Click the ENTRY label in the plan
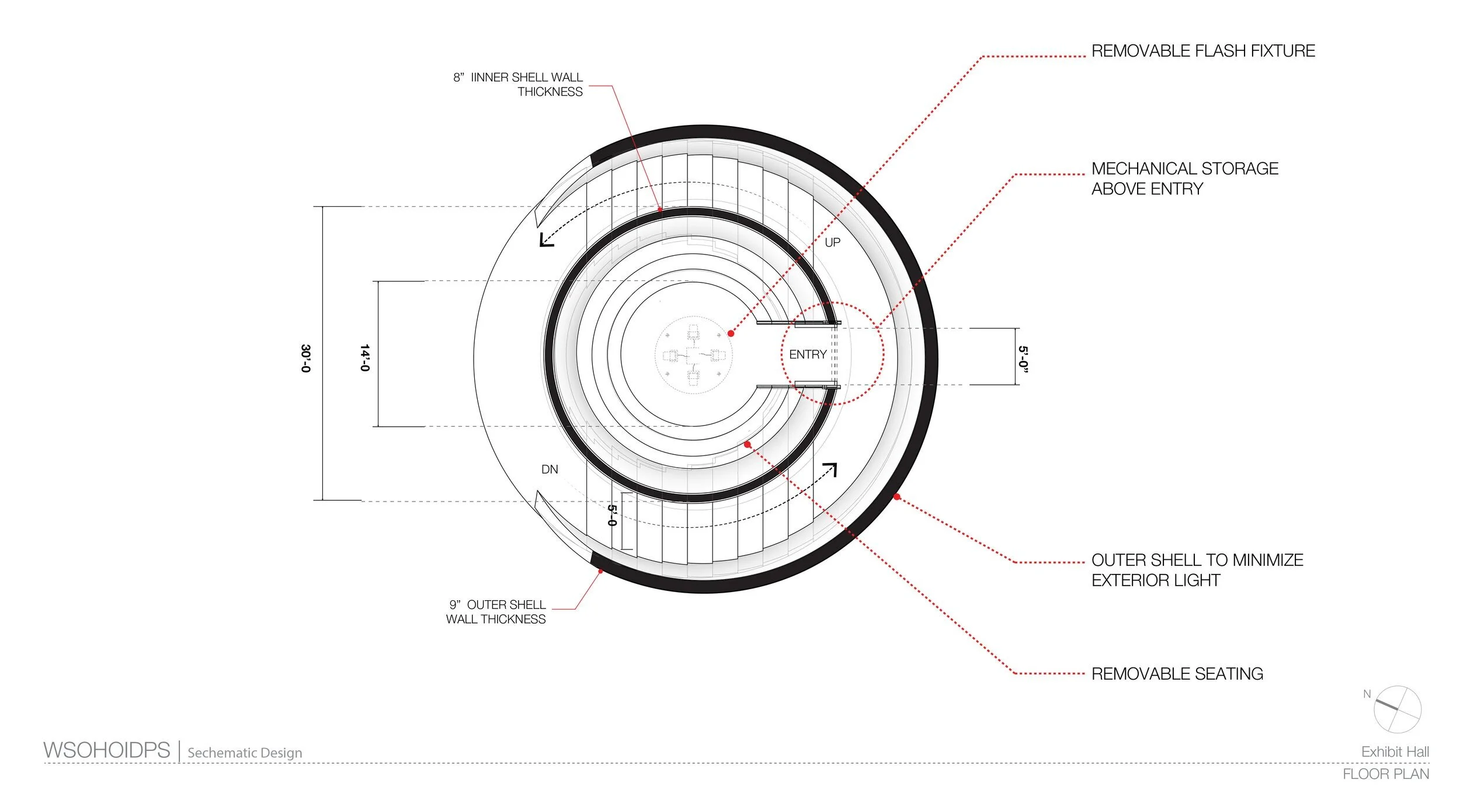point(807,354)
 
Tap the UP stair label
point(832,242)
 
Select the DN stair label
point(550,469)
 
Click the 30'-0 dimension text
point(305,358)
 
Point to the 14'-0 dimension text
point(364,358)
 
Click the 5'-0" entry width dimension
point(1023,359)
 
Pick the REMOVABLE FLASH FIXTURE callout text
point(1202,51)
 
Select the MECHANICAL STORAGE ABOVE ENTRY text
point(1184,179)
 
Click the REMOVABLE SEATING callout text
point(1177,674)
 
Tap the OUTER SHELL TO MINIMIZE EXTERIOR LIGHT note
point(1197,570)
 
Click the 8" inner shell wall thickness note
point(518,85)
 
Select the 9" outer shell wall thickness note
point(496,611)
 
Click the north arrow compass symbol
point(1397,709)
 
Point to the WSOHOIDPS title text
point(107,750)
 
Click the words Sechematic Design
point(245,753)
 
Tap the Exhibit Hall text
point(1395,752)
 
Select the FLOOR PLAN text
point(1385,774)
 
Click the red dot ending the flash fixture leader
point(731,333)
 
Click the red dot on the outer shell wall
point(897,497)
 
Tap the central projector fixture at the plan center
point(693,356)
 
